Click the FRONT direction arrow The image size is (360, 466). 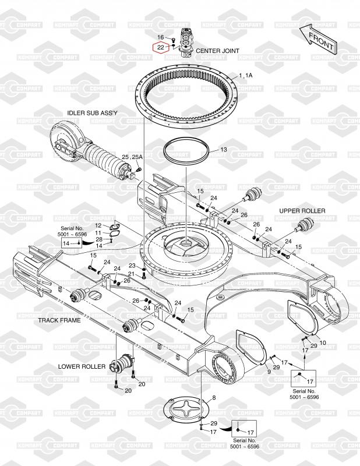(x=318, y=40)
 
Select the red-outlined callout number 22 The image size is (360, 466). (x=161, y=48)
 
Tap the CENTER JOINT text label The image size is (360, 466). (x=218, y=51)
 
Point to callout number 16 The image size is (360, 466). (x=161, y=37)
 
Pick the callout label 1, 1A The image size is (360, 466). (x=246, y=76)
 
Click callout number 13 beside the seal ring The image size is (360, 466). (x=224, y=150)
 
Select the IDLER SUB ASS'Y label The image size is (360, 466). (x=92, y=113)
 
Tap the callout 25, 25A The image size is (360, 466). (x=132, y=157)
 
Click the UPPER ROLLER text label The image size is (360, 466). (x=302, y=211)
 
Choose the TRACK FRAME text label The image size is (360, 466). (x=59, y=320)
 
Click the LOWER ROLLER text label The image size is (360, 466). (x=82, y=366)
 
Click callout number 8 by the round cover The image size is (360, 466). (x=214, y=398)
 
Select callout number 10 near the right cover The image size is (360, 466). (x=323, y=343)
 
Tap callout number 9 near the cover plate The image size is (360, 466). (x=269, y=372)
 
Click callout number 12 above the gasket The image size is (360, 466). (x=98, y=226)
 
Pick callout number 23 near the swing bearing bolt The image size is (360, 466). (x=132, y=266)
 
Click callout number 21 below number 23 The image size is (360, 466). (x=131, y=274)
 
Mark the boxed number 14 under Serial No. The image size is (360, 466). (x=66, y=243)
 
